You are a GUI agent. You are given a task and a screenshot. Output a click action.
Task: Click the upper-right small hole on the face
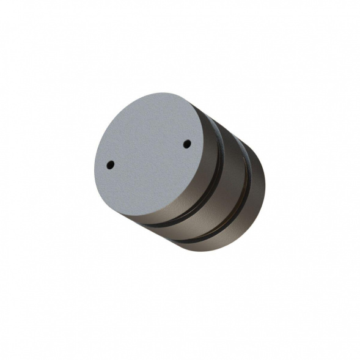point(187,144)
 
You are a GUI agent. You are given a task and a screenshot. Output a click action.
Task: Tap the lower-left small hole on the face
point(111,164)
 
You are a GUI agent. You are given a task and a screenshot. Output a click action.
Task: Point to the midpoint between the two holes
point(149,154)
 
